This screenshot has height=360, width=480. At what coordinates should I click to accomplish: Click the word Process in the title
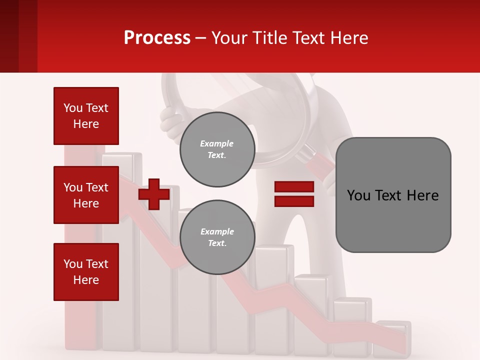(157, 37)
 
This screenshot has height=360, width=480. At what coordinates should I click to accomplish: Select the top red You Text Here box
(86, 116)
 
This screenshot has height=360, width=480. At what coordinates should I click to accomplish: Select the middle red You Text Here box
(86, 195)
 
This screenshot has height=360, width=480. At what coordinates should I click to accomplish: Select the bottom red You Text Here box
(86, 271)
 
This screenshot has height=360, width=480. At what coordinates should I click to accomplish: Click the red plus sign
(154, 194)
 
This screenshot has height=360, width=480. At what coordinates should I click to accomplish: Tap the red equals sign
(294, 194)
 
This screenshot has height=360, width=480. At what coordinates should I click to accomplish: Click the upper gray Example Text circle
(217, 149)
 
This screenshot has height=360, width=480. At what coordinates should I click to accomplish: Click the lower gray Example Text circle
(217, 237)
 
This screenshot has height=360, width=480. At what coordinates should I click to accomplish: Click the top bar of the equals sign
(294, 187)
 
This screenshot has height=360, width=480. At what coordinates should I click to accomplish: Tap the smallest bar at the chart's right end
(392, 332)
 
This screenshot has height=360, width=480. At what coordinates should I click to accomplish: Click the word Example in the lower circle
(217, 231)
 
